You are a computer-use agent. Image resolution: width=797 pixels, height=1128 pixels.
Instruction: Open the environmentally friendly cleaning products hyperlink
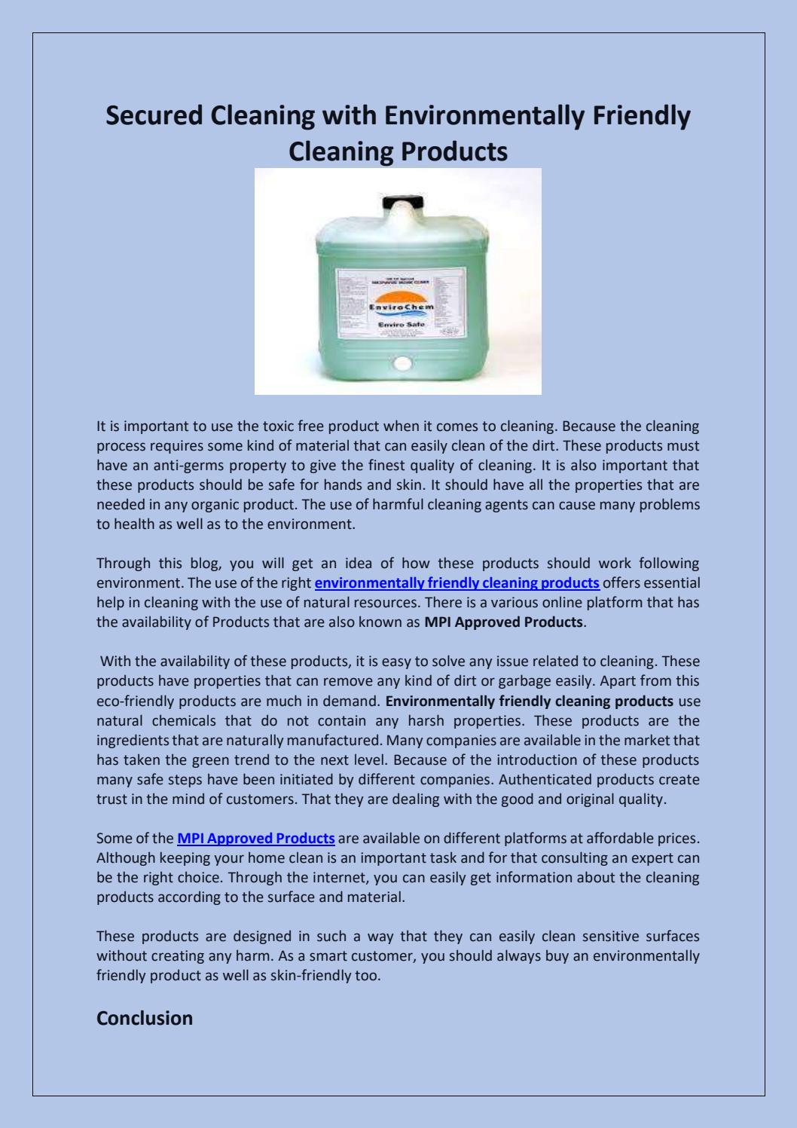457,582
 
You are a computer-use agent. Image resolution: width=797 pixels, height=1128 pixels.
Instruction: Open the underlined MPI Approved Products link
256,839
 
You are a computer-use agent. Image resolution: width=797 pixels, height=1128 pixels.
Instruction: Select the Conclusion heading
145,1018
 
